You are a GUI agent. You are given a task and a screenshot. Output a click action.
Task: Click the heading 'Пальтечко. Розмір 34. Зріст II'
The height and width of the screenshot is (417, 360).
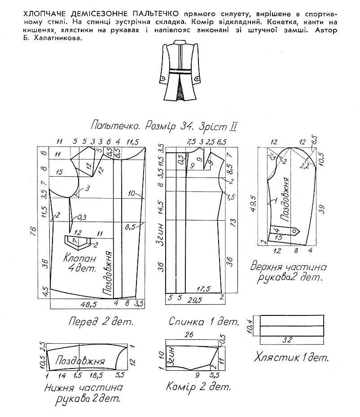pyautogui.click(x=164, y=126)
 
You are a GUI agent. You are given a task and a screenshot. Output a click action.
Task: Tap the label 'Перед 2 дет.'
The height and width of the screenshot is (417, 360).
pyautogui.click(x=101, y=322)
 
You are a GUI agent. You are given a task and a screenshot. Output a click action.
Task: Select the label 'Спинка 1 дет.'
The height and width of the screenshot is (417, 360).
pyautogui.click(x=204, y=321)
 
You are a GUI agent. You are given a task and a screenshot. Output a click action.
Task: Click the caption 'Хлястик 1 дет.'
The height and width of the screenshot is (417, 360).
pyautogui.click(x=291, y=357)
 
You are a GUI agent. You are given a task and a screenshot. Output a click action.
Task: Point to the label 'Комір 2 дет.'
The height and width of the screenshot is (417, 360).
pyautogui.click(x=198, y=386)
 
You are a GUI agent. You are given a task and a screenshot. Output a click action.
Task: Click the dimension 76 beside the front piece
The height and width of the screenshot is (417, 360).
pyautogui.click(x=34, y=231)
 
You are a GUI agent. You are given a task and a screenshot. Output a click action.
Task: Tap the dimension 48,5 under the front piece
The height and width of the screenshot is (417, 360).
pyautogui.click(x=89, y=304)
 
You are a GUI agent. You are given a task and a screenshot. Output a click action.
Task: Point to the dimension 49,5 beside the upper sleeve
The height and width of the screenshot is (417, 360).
pyautogui.click(x=253, y=204)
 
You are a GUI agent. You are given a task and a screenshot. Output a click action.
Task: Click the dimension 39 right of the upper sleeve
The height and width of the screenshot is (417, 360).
pyautogui.click(x=321, y=209)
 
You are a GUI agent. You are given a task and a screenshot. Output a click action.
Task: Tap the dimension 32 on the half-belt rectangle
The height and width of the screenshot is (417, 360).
pyautogui.click(x=288, y=340)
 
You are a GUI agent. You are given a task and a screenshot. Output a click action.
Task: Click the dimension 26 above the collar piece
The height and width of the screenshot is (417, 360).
pyautogui.click(x=189, y=334)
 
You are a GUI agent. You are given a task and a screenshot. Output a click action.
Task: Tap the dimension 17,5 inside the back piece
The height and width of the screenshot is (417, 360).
pyautogui.click(x=204, y=289)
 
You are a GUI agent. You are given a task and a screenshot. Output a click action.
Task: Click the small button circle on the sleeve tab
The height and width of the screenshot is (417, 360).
pyautogui.click(x=294, y=231)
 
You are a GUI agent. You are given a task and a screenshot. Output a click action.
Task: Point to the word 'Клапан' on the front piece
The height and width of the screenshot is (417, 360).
pyautogui.click(x=79, y=258)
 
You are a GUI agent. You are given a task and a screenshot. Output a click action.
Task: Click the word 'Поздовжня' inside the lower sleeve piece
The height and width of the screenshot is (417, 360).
pyautogui.click(x=80, y=361)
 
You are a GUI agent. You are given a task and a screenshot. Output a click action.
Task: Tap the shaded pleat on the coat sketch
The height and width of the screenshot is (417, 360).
pyautogui.click(x=182, y=89)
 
